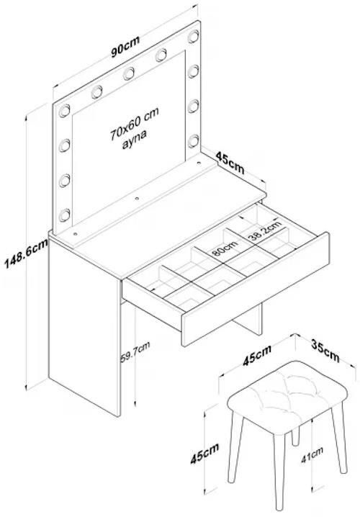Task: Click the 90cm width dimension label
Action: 125,46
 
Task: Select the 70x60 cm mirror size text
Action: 135,123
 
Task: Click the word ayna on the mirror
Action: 135,139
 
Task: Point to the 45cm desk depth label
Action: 230,162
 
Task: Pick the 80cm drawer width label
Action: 225,248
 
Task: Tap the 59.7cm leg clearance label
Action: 135,352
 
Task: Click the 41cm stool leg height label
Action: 312,454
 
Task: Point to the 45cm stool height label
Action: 204,454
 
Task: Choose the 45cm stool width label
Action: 257,355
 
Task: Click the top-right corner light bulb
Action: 194,36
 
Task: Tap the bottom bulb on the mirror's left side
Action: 65,215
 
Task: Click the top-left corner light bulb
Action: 65,111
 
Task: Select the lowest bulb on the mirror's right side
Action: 194,141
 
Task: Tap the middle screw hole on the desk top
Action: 137,199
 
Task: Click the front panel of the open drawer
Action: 256,289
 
